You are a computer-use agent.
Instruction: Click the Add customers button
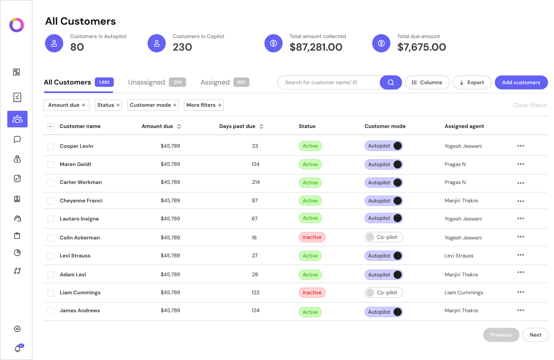(x=521, y=83)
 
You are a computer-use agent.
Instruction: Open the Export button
(x=472, y=83)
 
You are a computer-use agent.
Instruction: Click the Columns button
(x=427, y=83)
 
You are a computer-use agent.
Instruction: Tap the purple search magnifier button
(x=391, y=83)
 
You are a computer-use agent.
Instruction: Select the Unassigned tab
(x=147, y=82)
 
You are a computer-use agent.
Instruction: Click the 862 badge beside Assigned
(x=241, y=82)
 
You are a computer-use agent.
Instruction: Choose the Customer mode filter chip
(x=153, y=105)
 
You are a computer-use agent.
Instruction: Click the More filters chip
(x=204, y=105)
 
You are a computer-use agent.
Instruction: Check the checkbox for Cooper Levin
(x=51, y=146)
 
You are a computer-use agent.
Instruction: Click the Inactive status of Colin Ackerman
(x=312, y=237)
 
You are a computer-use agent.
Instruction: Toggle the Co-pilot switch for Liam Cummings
(x=383, y=292)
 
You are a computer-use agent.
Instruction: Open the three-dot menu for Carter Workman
(x=521, y=183)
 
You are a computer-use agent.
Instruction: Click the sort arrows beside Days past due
(x=261, y=126)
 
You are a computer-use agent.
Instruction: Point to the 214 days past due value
(x=256, y=182)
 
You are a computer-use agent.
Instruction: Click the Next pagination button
(x=535, y=335)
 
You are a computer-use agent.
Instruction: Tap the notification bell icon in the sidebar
(x=17, y=349)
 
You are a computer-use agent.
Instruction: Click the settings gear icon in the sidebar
(x=17, y=329)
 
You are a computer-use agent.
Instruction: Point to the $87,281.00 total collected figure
(x=316, y=47)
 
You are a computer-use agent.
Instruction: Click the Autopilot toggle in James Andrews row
(x=383, y=312)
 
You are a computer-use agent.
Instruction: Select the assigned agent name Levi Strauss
(x=459, y=256)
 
